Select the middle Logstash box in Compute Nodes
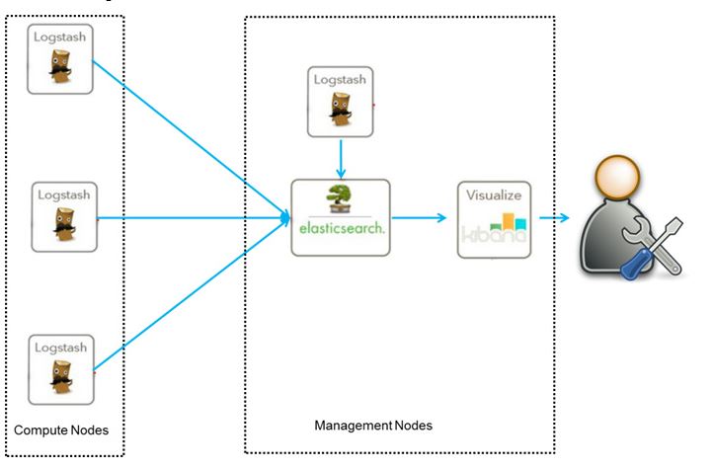[x=63, y=213]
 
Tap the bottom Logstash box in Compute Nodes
[x=60, y=369]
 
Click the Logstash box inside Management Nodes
[x=341, y=101]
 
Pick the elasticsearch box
[x=340, y=217]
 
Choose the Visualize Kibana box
[x=494, y=218]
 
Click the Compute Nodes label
[x=62, y=430]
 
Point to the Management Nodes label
[x=373, y=426]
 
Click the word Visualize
[x=494, y=195]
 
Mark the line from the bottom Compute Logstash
[x=188, y=296]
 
